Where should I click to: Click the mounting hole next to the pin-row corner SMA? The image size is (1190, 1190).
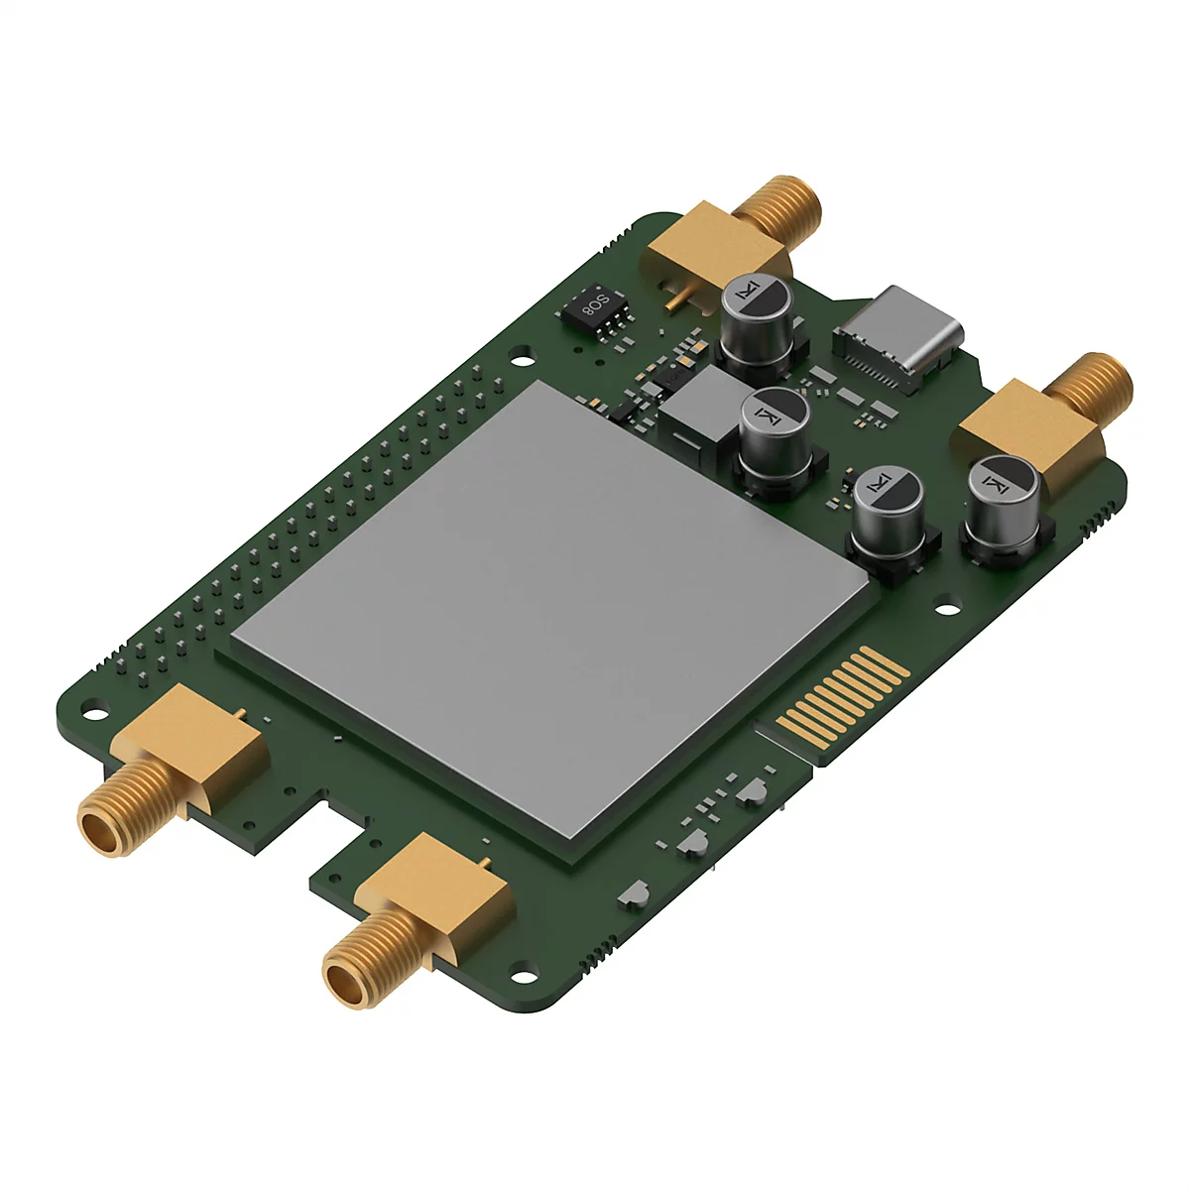click(x=95, y=709)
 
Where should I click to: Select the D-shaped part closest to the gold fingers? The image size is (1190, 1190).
click(x=754, y=789)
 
